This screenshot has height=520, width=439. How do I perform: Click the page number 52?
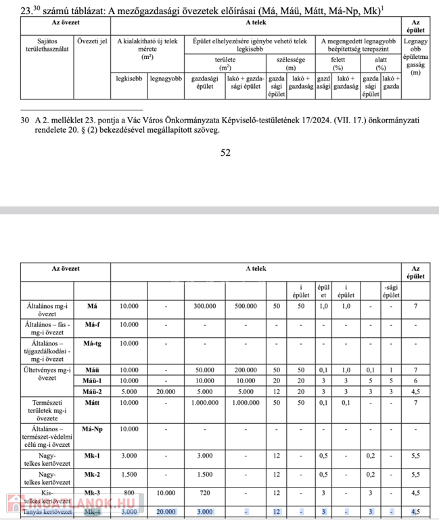click(x=226, y=153)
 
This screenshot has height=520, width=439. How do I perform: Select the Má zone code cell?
click(x=92, y=306)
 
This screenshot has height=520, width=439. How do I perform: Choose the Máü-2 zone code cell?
click(x=92, y=391)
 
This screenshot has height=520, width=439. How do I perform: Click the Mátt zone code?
click(x=92, y=403)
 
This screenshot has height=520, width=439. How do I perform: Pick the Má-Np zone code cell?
click(x=92, y=429)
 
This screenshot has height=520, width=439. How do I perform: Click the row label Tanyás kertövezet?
click(x=48, y=512)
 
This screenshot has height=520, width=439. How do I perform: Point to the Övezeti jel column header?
click(x=92, y=41)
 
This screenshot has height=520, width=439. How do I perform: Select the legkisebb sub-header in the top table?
click(x=129, y=79)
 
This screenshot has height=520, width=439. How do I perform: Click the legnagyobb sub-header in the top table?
click(x=166, y=79)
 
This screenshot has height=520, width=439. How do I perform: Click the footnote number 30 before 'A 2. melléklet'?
click(x=25, y=121)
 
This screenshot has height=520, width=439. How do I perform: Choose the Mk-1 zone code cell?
click(x=92, y=455)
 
